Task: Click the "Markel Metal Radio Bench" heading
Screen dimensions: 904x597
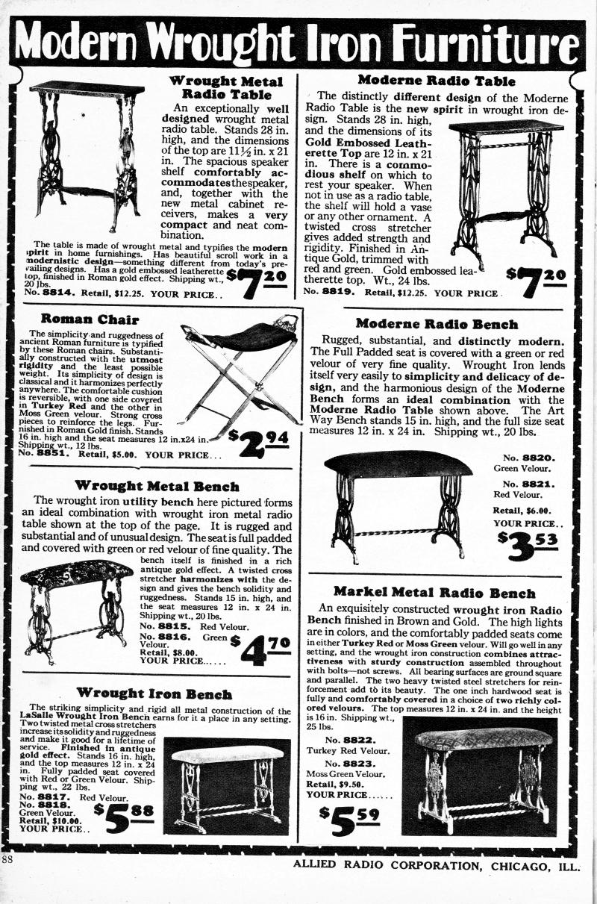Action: tap(434, 593)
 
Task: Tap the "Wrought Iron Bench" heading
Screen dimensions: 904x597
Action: tap(154, 694)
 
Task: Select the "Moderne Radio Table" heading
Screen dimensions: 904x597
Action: tap(437, 80)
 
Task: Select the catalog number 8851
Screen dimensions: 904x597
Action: tap(55, 452)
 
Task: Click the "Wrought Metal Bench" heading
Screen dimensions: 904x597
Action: tap(157, 487)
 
